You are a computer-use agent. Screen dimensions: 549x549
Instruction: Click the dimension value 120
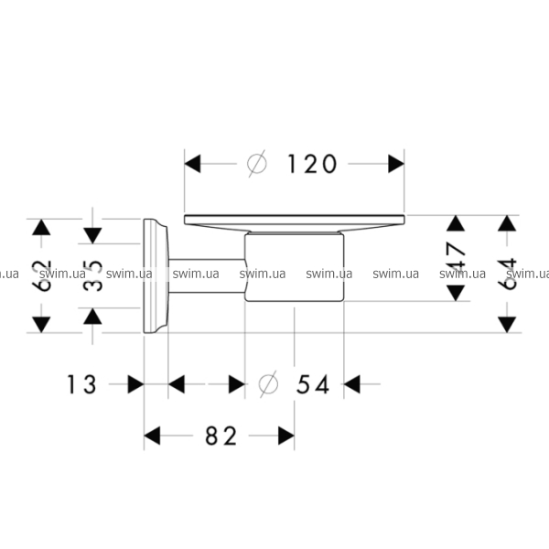pos(312,164)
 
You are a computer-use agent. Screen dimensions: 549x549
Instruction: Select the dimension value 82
pos(220,436)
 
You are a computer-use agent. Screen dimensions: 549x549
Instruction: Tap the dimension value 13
pos(81,385)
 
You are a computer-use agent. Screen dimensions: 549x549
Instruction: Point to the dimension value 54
pos(313,385)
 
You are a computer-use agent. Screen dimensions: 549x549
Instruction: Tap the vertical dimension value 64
pos(508,274)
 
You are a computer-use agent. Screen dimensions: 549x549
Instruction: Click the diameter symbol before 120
pos(258,164)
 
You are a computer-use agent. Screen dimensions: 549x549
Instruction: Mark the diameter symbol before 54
pos(268,384)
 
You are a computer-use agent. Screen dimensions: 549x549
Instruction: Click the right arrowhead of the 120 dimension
pos(395,164)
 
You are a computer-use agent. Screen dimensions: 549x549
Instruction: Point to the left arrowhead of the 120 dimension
pos(193,164)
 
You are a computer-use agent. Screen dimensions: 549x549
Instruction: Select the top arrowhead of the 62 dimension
pos(41,228)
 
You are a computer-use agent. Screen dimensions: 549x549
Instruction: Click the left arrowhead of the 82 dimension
pos(153,436)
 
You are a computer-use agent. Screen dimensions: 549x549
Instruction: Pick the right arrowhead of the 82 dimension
pos(285,436)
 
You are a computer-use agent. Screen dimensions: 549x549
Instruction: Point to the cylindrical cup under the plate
pos(295,267)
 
